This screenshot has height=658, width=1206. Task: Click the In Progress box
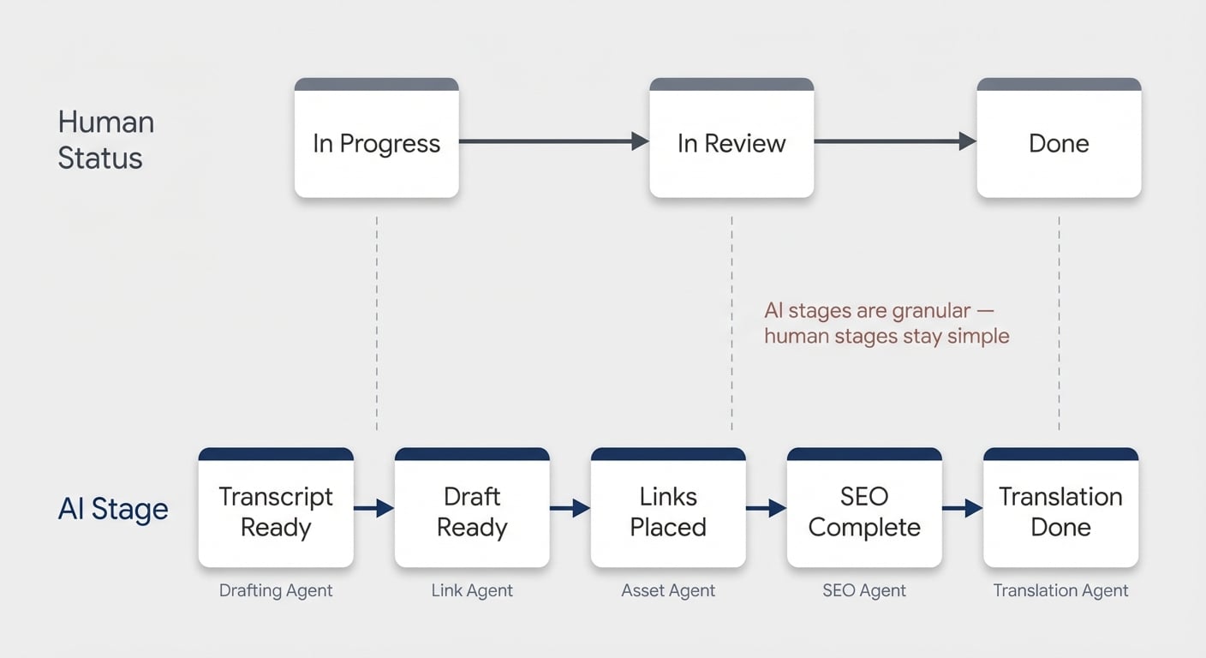pyautogui.click(x=376, y=138)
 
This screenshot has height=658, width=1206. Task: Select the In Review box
pyautogui.click(x=731, y=138)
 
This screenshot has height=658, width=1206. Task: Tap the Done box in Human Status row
pyautogui.click(x=1059, y=138)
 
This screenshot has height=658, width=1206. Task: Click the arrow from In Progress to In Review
pyautogui.click(x=554, y=141)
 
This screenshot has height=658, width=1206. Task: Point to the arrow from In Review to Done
pyautogui.click(x=895, y=141)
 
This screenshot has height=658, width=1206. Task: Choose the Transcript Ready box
pyautogui.click(x=276, y=507)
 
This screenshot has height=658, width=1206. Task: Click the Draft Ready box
pyautogui.click(x=472, y=507)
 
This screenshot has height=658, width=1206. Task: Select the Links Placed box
pyautogui.click(x=668, y=507)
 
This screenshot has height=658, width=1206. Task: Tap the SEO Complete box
pyautogui.click(x=864, y=507)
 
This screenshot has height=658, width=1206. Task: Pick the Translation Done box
pyautogui.click(x=1060, y=507)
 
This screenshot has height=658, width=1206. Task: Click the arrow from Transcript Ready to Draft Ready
pyautogui.click(x=374, y=508)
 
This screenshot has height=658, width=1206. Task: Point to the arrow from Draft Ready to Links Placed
pyautogui.click(x=570, y=508)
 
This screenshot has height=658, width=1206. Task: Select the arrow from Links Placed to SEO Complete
pyautogui.click(x=766, y=508)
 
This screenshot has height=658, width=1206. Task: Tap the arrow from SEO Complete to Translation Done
pyautogui.click(x=963, y=508)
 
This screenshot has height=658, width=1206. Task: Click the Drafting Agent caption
pyautogui.click(x=276, y=590)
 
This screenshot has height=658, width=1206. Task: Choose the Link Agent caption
pyautogui.click(x=472, y=590)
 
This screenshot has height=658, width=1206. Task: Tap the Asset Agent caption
pyautogui.click(x=668, y=590)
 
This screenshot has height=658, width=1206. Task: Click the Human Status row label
pyautogui.click(x=106, y=140)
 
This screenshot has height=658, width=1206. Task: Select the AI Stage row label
pyautogui.click(x=113, y=508)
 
